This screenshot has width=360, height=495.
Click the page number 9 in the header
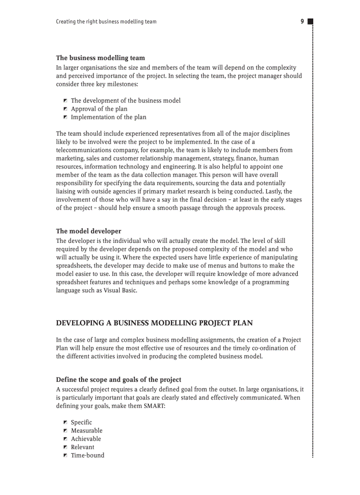[302, 21]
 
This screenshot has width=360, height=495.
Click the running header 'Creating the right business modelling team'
[106, 22]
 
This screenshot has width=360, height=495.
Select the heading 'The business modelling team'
[100, 58]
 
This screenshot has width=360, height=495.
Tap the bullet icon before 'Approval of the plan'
[65, 109]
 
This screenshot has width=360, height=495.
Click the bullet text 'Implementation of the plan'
[109, 117]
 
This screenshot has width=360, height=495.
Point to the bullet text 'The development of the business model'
[126, 100]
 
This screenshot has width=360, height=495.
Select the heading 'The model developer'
[88, 231]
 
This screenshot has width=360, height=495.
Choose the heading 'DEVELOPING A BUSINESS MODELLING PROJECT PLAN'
[154, 323]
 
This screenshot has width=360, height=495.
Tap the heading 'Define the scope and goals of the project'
[118, 380]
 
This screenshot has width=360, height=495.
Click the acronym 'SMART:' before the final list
[154, 406]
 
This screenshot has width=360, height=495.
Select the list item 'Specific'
[81, 422]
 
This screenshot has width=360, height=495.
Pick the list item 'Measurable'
[86, 431]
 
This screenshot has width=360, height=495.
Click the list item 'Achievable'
[86, 439]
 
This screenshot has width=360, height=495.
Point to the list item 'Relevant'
[82, 447]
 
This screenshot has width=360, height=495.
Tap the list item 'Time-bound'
[87, 455]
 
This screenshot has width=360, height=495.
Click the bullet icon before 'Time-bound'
[65, 455]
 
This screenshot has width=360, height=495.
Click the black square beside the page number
[310, 21]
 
